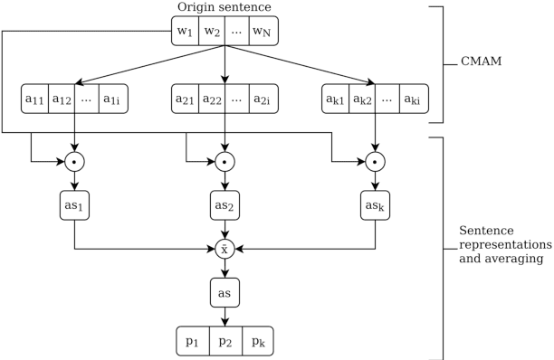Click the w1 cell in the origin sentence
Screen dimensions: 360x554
tap(186, 32)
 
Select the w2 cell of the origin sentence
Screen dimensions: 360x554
tap(212, 32)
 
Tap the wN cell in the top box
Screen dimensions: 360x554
tap(263, 32)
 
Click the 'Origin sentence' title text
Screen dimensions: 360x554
tap(224, 8)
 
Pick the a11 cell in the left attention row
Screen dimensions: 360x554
tap(35, 99)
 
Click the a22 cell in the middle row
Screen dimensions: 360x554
tap(211, 99)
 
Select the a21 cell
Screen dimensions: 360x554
tap(186, 99)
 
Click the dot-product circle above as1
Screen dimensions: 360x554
tap(74, 163)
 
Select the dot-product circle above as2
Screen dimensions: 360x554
tap(224, 163)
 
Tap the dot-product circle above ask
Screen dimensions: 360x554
tap(375, 163)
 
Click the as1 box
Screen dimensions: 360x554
tap(74, 205)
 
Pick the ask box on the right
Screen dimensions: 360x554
tap(375, 205)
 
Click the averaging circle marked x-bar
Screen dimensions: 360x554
tap(224, 248)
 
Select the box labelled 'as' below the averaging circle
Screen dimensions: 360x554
tap(224, 293)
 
